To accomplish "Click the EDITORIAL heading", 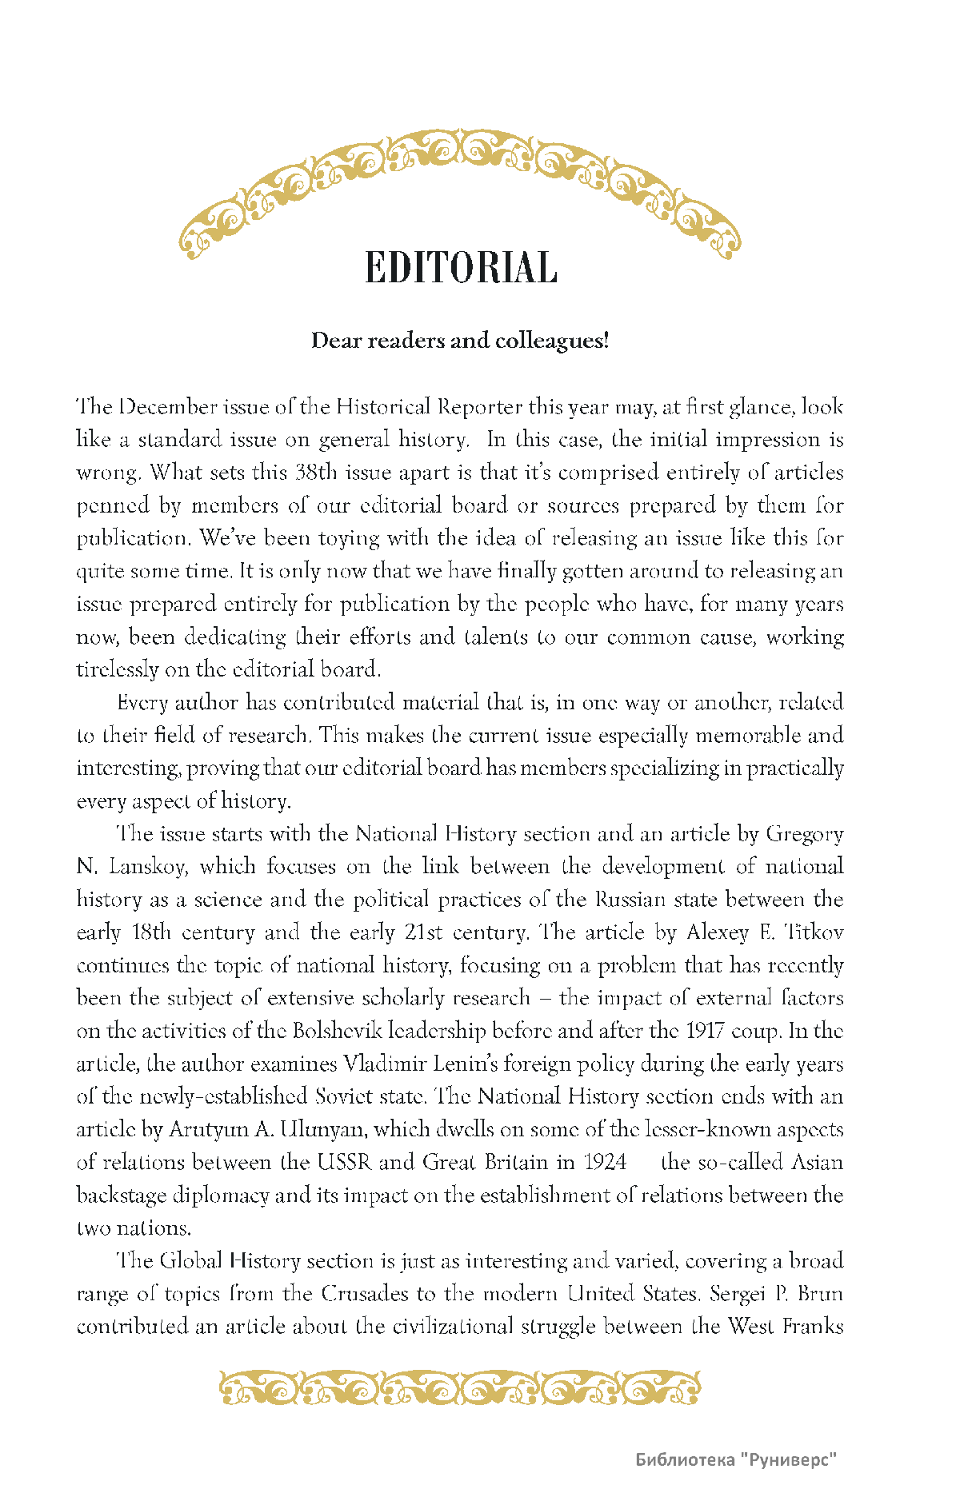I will [461, 268].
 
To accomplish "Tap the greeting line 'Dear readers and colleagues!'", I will [460, 341].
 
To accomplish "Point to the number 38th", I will [317, 473].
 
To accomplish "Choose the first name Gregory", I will [804, 834].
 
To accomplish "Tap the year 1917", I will [704, 1031].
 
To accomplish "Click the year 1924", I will [605, 1163].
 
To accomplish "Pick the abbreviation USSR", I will [345, 1163].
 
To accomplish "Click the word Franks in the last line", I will [813, 1327].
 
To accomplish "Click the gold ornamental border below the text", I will [460, 1388].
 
